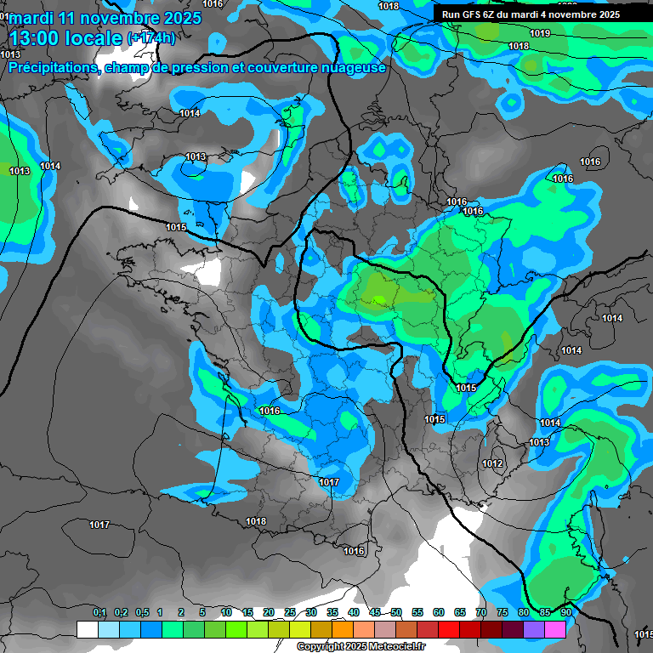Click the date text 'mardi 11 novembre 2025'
click(105, 18)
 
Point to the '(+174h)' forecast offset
click(151, 38)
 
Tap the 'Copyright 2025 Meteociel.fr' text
click(361, 647)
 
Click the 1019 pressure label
click(539, 33)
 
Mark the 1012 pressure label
click(491, 463)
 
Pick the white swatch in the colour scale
click(87, 629)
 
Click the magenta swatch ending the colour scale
click(555, 629)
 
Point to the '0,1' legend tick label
click(99, 612)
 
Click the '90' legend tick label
click(565, 612)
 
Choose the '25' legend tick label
click(290, 612)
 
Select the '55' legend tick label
click(417, 612)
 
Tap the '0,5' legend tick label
click(141, 612)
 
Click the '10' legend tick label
click(226, 612)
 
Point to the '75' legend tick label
click(503, 612)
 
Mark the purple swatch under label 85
click(534, 629)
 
